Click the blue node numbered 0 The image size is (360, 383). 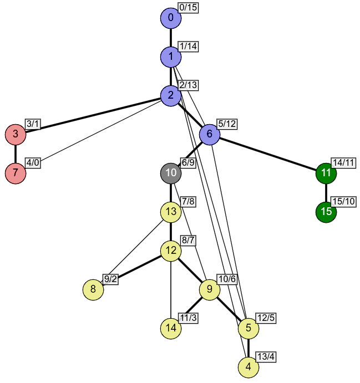click(x=171, y=18)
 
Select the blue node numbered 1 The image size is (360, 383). click(x=171, y=57)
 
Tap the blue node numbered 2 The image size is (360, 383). click(x=171, y=96)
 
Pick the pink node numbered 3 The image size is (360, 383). click(x=16, y=135)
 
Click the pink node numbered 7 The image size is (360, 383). click(x=16, y=173)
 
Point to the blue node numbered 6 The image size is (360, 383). click(x=210, y=135)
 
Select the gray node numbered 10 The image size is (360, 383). click(x=171, y=173)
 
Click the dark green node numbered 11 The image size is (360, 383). click(x=326, y=173)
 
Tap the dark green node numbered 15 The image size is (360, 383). click(x=326, y=212)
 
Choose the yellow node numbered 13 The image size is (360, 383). click(x=171, y=212)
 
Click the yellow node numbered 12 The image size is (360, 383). click(x=171, y=251)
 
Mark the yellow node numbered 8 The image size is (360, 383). click(x=93, y=289)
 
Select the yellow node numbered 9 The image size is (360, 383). click(x=210, y=289)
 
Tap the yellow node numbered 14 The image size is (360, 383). click(x=171, y=328)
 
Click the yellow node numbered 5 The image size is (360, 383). click(x=249, y=328)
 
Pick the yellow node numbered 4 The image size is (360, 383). click(x=249, y=367)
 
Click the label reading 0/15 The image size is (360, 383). click(x=188, y=8)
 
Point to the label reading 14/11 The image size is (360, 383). click(x=343, y=163)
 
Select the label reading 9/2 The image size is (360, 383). click(x=110, y=279)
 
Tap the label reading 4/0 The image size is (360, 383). click(x=33, y=163)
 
